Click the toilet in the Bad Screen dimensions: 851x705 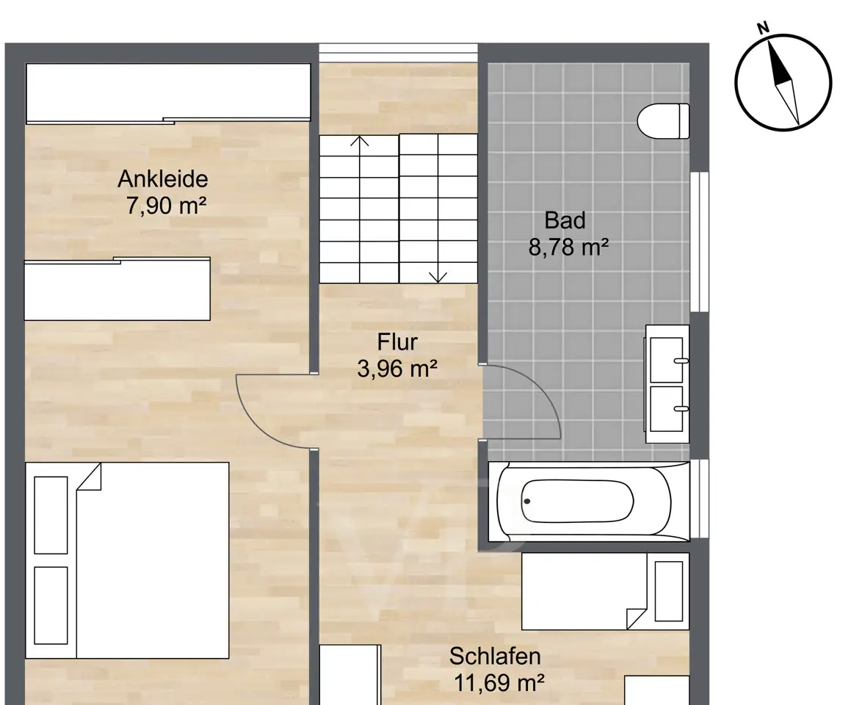pos(663,121)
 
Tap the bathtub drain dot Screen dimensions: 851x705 pos(526,502)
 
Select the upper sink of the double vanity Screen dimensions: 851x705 pos(666,360)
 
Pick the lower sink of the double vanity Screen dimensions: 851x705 pos(666,408)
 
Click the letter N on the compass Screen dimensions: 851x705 pos(763,28)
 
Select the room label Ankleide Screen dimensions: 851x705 pos(163,178)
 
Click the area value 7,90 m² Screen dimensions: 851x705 pos(166,206)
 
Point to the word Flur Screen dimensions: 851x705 pos(397,342)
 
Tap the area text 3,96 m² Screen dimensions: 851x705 pos(397,369)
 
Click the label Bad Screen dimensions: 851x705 pos(565,220)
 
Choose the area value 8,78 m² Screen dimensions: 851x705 pos(568,247)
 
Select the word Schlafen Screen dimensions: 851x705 pos(495,656)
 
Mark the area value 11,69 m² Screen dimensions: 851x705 pos(499,683)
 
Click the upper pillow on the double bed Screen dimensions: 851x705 pos(51,515)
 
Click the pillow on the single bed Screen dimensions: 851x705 pos(669,591)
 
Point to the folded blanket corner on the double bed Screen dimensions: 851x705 pos(89,477)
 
